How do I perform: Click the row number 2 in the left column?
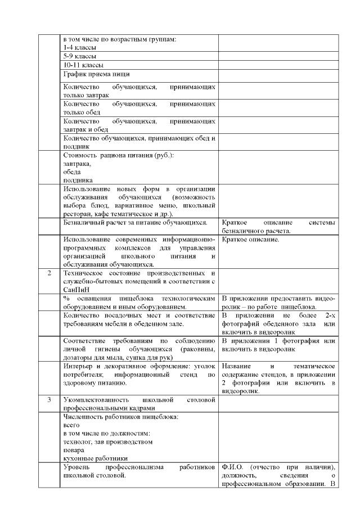pyautogui.click(x=49, y=273)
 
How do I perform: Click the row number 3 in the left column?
pyautogui.click(x=49, y=399)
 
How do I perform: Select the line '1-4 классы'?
pyautogui.click(x=80, y=48)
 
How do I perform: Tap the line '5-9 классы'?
pyautogui.click(x=80, y=57)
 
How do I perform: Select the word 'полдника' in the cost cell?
pyautogui.click(x=78, y=180)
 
